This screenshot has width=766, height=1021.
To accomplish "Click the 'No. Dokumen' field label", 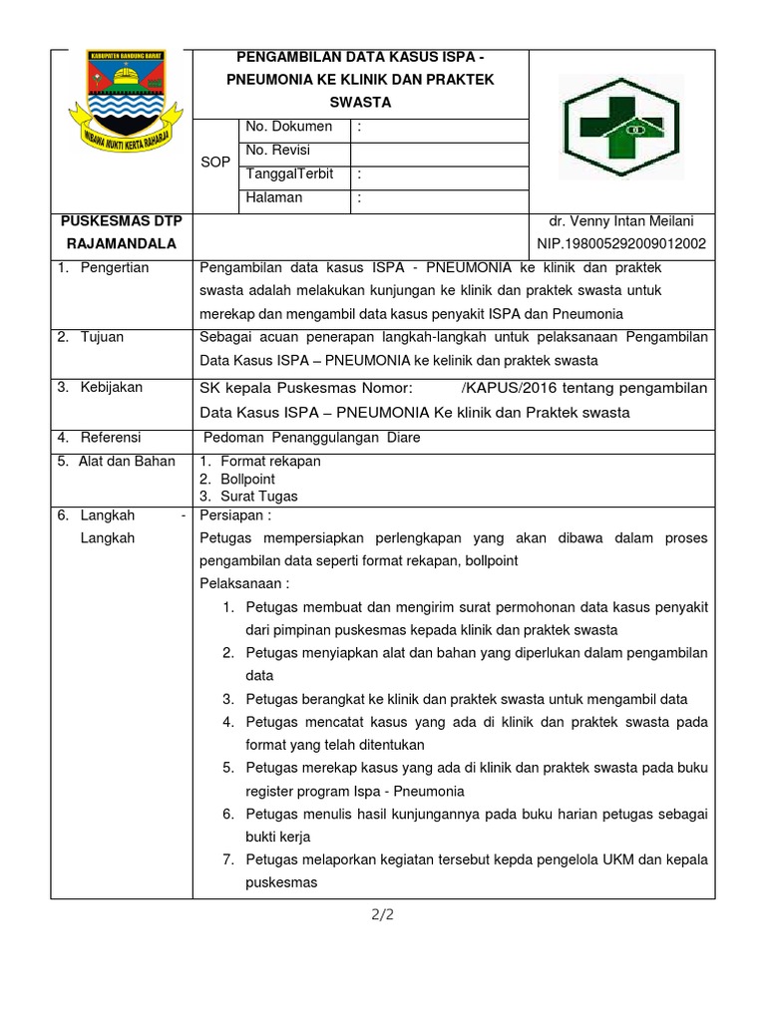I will click(x=288, y=127).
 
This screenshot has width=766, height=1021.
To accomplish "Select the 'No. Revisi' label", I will click(x=278, y=151).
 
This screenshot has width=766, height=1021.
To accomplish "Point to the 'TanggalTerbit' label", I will click(x=289, y=173).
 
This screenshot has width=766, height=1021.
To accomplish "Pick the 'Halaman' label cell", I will click(x=274, y=197).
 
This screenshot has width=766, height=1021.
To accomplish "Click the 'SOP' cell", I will click(x=215, y=162).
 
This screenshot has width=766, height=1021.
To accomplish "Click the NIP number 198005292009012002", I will click(x=620, y=243).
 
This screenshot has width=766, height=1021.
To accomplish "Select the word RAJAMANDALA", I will click(x=121, y=243).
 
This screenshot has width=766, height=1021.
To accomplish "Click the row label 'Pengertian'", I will click(x=115, y=268).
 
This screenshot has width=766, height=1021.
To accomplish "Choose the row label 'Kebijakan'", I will click(x=112, y=387).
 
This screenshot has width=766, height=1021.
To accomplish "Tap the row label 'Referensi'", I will click(x=111, y=438).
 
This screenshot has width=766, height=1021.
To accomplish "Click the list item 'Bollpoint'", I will click(x=247, y=479).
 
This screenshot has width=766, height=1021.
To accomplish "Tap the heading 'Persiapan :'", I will click(x=236, y=514).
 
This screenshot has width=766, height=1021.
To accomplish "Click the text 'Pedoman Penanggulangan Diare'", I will click(x=311, y=438).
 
